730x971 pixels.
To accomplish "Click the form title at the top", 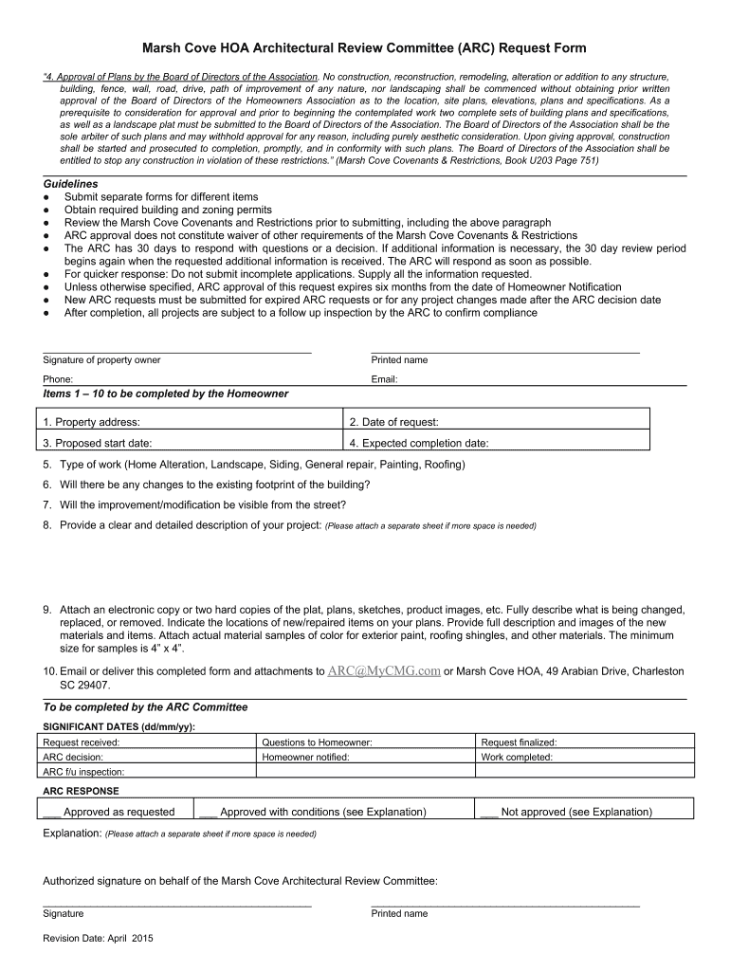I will [x=364, y=48].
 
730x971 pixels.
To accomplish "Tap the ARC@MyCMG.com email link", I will [x=384, y=670].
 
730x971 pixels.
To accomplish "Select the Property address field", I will [x=190, y=422].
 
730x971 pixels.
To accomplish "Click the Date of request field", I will [x=496, y=422].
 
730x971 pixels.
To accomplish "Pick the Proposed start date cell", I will [x=190, y=443].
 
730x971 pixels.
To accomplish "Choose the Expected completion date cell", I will [x=496, y=443].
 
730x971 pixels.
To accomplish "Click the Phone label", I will [x=58, y=379].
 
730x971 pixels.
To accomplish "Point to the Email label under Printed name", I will [x=384, y=379].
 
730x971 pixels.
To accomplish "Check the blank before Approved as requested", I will [x=52, y=812].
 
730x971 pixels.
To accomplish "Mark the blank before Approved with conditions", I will [x=209, y=812].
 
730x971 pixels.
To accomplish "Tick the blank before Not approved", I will [x=489, y=812].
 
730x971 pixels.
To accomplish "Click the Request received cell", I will [x=147, y=742].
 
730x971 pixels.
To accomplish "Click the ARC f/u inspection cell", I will [x=147, y=771].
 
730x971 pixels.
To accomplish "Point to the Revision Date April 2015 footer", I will [x=99, y=939].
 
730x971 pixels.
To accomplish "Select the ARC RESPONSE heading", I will [x=82, y=790].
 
